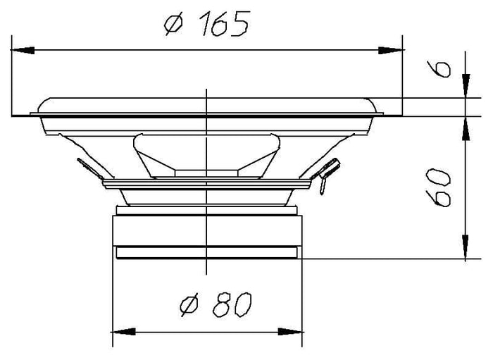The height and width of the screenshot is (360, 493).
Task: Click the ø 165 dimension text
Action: [x=207, y=23]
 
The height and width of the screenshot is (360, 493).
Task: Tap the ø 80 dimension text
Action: [x=216, y=304]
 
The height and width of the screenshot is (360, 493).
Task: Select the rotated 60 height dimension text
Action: [x=438, y=187]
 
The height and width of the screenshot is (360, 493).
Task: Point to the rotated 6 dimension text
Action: [x=439, y=69]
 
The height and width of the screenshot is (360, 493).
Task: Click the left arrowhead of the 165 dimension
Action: [x=23, y=50]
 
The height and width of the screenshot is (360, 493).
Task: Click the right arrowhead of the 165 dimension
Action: [x=390, y=50]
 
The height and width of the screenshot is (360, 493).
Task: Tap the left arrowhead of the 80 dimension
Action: [x=124, y=331]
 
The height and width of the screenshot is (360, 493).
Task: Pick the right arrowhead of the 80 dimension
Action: [x=290, y=331]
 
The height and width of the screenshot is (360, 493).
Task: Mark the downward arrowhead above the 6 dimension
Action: [x=466, y=85]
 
